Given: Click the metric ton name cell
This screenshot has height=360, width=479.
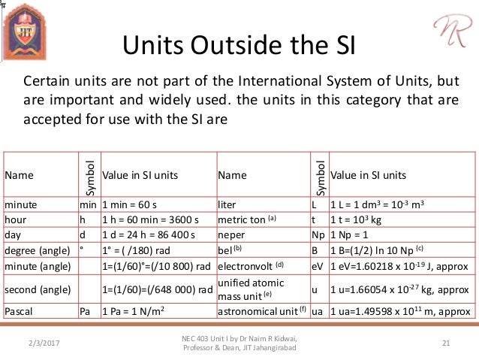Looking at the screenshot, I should [247, 219].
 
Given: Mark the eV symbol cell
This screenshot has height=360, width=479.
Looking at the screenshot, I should [318, 265].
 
